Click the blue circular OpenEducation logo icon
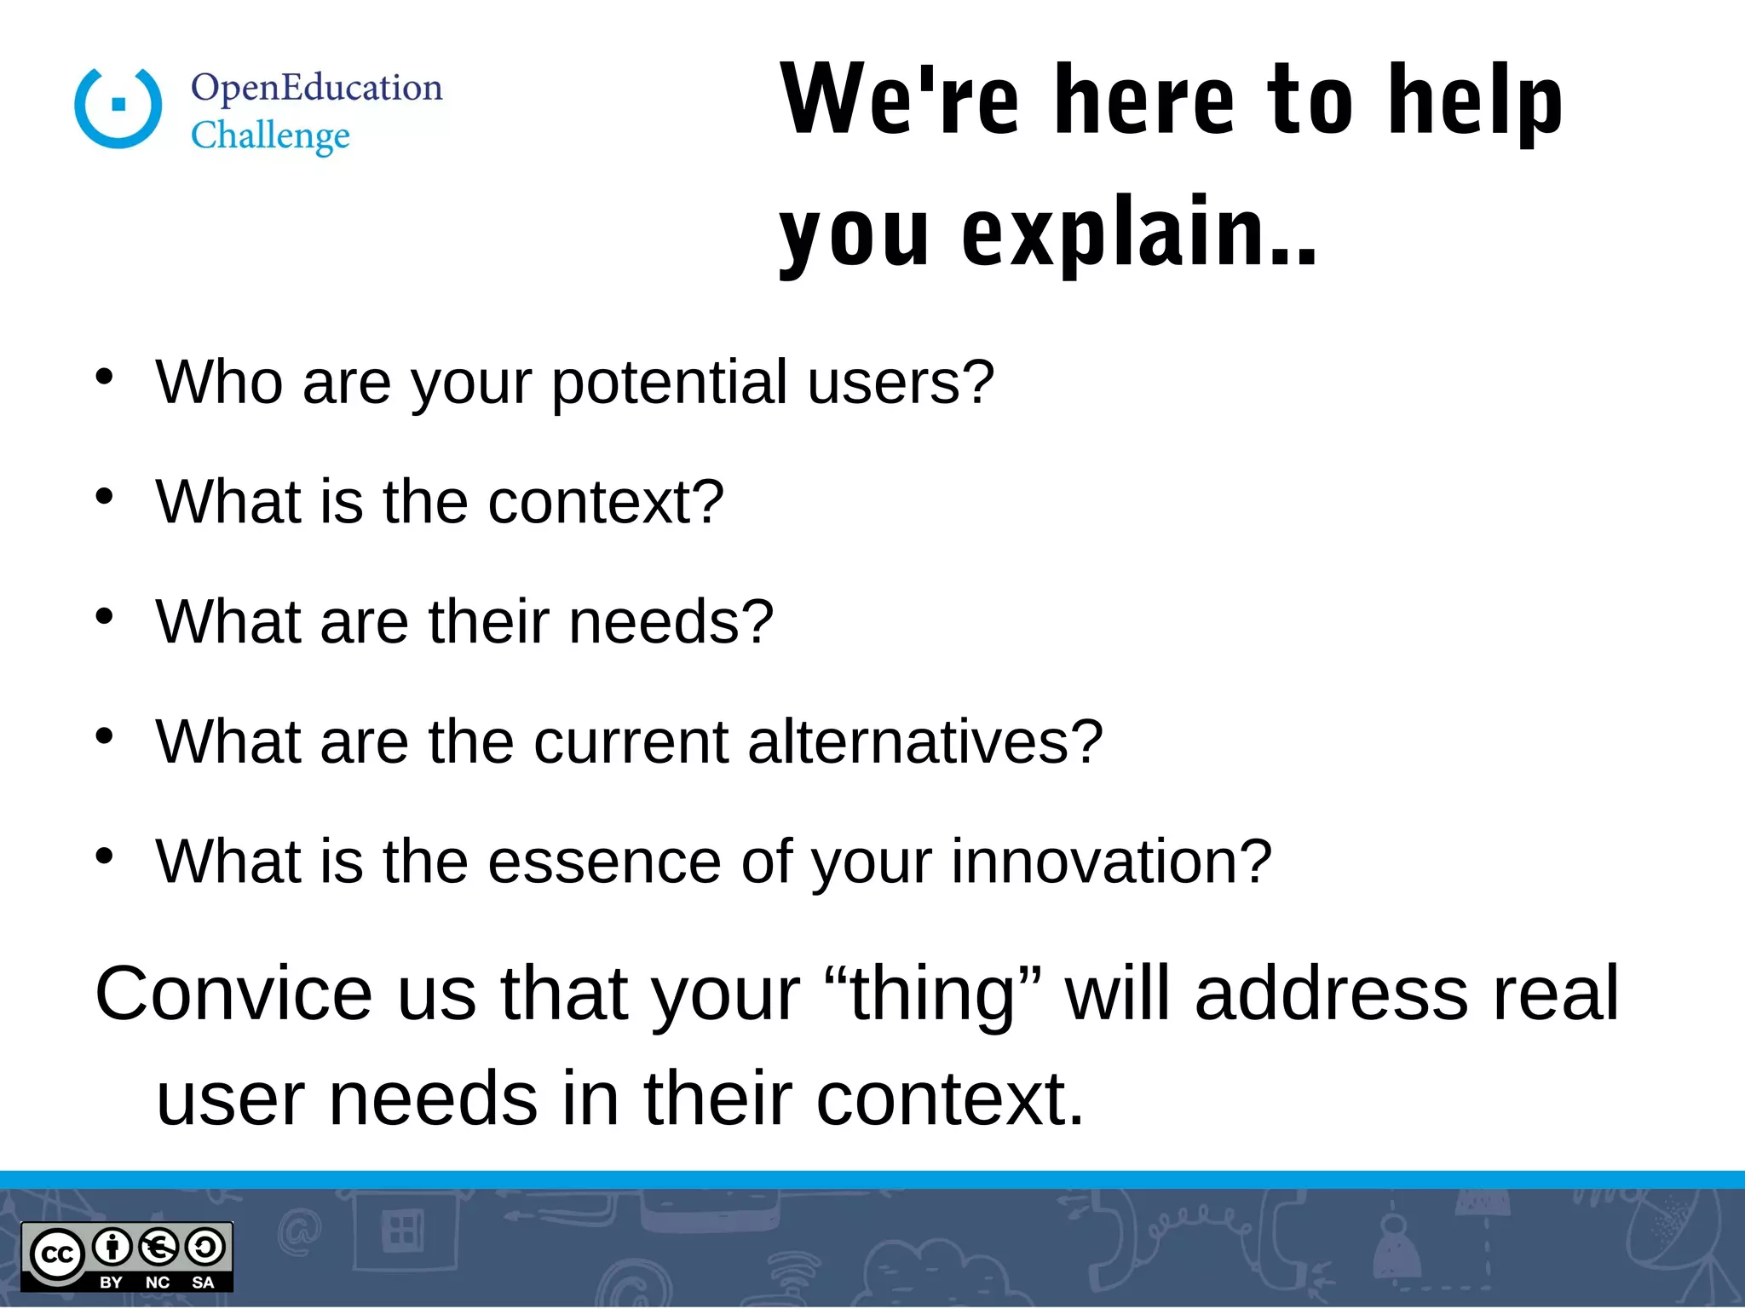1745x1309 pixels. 118,107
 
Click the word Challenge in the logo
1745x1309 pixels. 270,136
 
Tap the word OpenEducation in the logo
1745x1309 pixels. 317,88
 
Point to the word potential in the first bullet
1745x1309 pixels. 669,382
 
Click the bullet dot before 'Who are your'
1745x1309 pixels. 104,376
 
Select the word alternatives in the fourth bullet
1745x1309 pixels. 924,741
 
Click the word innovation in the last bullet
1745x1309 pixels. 1111,862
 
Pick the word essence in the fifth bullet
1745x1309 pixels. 604,862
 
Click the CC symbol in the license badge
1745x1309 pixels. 57,1254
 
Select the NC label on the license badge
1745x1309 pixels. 158,1283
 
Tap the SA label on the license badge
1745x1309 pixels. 203,1283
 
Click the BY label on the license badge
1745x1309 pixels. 112,1283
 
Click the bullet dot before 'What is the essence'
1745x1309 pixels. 104,856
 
